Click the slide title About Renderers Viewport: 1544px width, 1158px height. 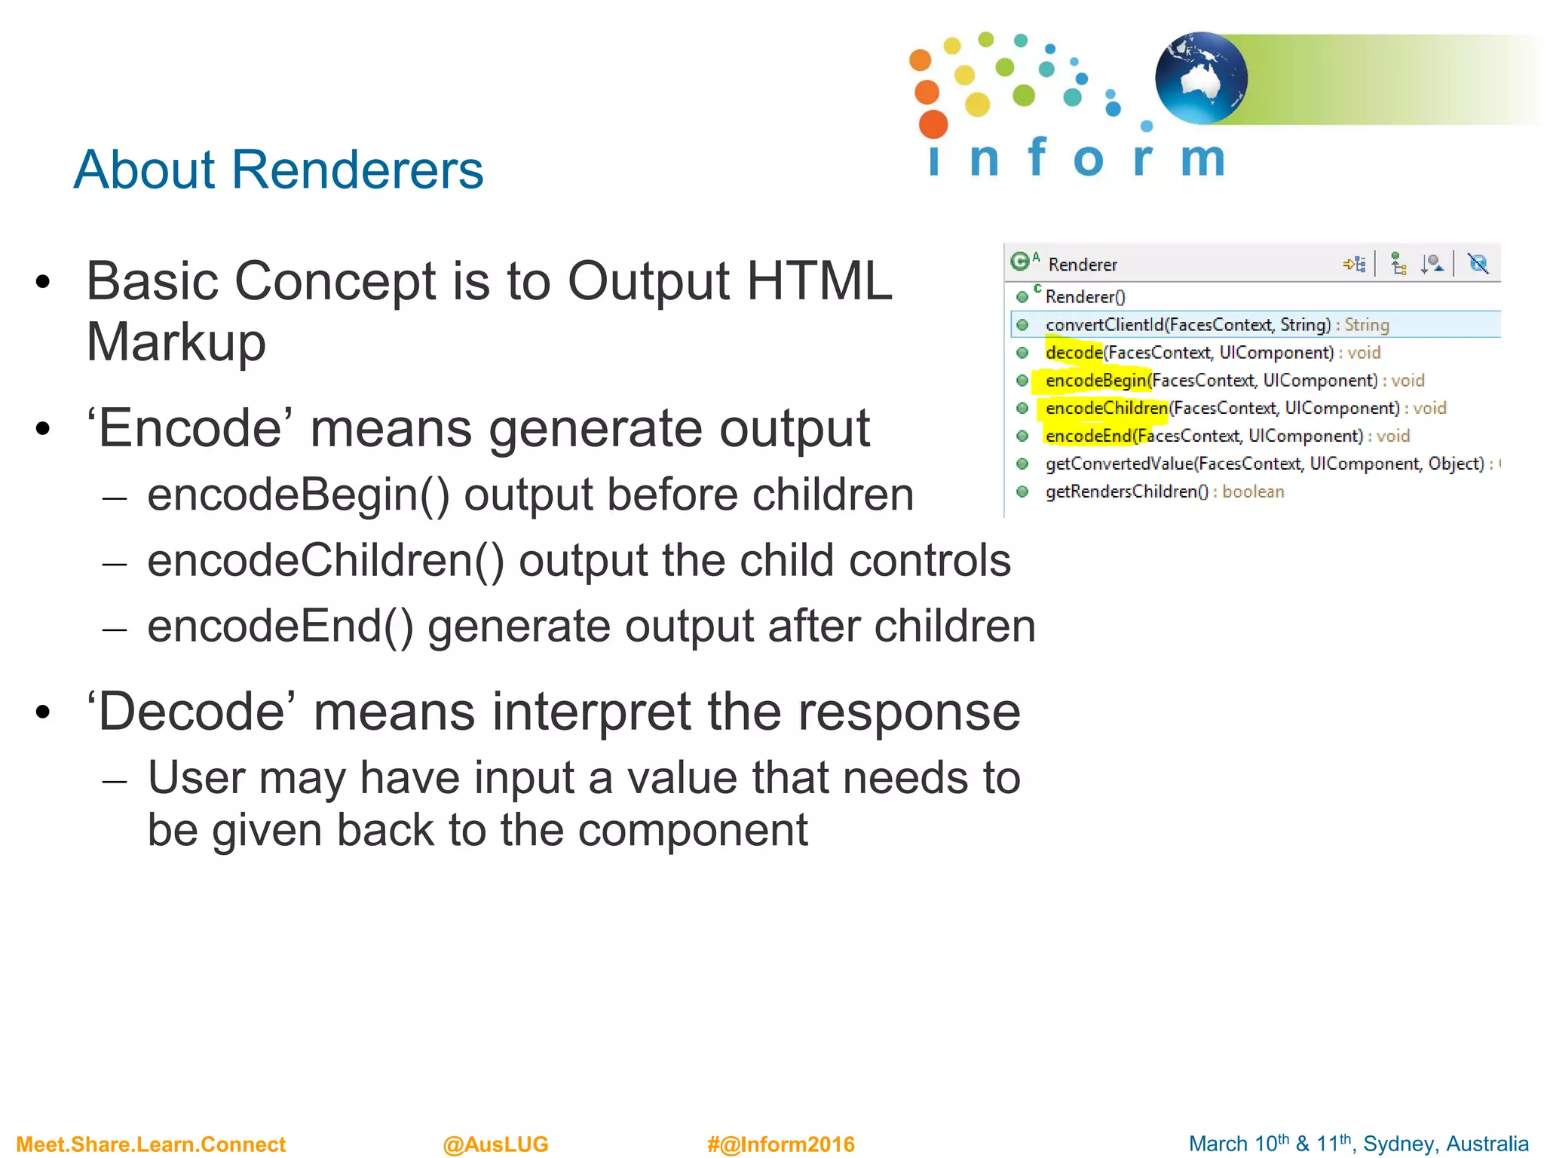(x=278, y=170)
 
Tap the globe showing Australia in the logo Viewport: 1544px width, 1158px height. (x=1200, y=78)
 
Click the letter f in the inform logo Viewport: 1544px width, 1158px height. (x=1037, y=157)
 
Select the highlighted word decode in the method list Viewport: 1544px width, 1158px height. (x=1074, y=353)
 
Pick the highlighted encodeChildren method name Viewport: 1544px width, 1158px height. (x=1106, y=409)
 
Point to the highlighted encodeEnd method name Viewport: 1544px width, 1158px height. (x=1088, y=437)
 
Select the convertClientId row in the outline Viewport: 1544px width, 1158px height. (x=1187, y=325)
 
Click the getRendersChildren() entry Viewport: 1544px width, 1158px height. (x=1126, y=492)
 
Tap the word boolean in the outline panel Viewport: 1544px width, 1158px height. (x=1253, y=492)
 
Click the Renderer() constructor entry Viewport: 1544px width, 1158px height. (x=1085, y=297)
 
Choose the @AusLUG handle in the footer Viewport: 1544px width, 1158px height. (x=495, y=1144)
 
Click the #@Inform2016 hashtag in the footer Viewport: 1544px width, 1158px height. (x=780, y=1144)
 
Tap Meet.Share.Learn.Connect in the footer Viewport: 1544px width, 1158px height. (x=151, y=1144)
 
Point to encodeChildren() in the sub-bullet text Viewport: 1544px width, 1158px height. (x=326, y=561)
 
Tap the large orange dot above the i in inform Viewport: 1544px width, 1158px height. (x=933, y=124)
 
